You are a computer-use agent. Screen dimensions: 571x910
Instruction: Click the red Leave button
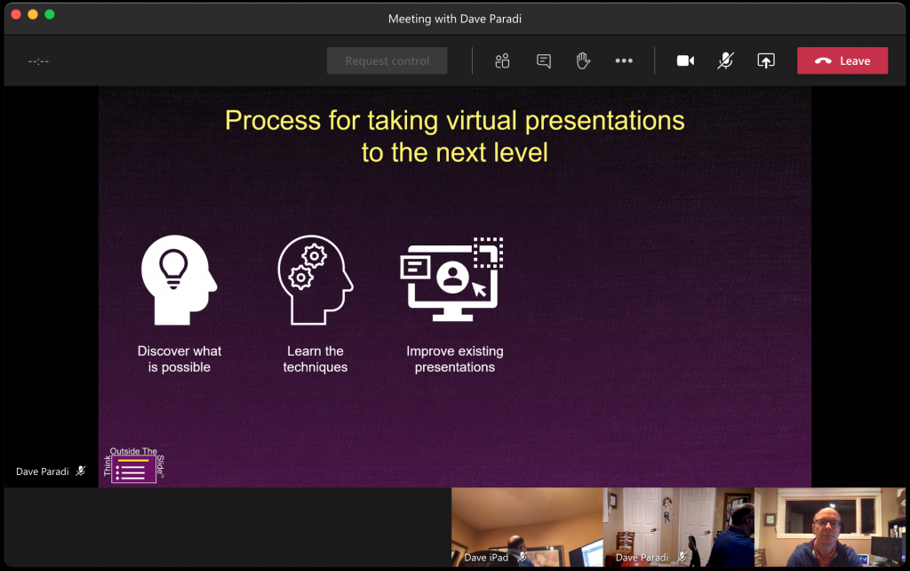pyautogui.click(x=842, y=60)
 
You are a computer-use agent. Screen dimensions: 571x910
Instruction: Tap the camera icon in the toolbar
pyautogui.click(x=685, y=60)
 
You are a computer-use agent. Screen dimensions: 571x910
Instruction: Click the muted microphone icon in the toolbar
pyautogui.click(x=726, y=60)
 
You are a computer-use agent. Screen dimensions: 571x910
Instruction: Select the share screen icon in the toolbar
pyautogui.click(x=765, y=60)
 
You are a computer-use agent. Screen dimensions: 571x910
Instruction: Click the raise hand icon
pyautogui.click(x=583, y=60)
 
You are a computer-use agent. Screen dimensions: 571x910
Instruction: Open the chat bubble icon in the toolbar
pyautogui.click(x=544, y=60)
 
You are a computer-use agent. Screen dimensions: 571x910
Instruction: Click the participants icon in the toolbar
pyautogui.click(x=502, y=60)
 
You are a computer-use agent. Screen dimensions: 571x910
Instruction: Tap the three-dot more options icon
pyautogui.click(x=624, y=60)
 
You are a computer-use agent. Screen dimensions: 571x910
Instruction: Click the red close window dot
pyautogui.click(x=16, y=14)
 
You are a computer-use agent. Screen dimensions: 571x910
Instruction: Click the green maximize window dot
pyautogui.click(x=50, y=14)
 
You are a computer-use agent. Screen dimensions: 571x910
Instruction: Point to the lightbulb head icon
pyautogui.click(x=179, y=279)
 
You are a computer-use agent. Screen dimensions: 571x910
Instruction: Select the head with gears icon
pyautogui.click(x=315, y=279)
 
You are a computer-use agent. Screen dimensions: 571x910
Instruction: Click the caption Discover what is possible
pyautogui.click(x=180, y=359)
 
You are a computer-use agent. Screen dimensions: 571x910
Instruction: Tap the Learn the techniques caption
pyautogui.click(x=315, y=359)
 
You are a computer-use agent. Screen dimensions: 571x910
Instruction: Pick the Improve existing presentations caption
pyautogui.click(x=455, y=359)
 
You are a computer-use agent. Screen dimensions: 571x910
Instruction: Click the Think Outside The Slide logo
pyautogui.click(x=134, y=464)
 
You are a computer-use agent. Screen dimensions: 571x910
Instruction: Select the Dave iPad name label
pyautogui.click(x=487, y=558)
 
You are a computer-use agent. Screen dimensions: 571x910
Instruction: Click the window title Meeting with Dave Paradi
pyautogui.click(x=454, y=19)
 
